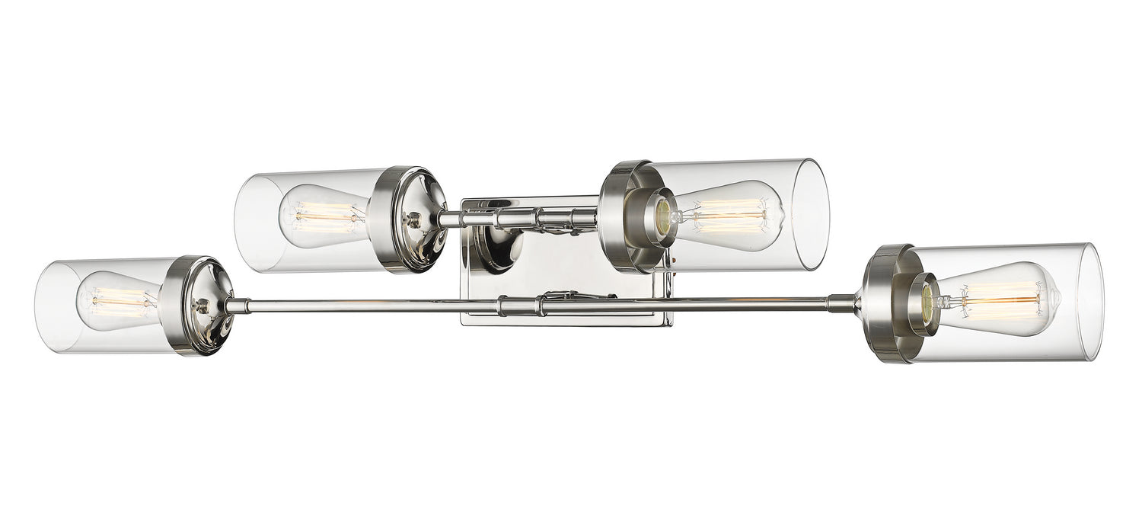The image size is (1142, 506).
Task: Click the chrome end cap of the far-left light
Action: coord(199,306)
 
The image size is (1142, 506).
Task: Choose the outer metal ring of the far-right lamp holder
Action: coord(888,303)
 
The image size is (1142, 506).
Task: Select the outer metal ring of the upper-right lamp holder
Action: coord(620,216)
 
